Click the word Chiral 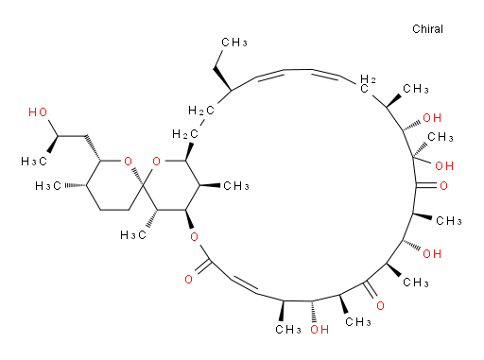click(427, 29)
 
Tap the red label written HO click(38, 112)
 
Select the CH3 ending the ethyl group click(234, 43)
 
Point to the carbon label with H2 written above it click(367, 84)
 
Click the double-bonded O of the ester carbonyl click(188, 279)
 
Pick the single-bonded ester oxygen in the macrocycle click(195, 237)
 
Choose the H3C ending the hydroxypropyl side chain click(34, 162)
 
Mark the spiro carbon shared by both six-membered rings click(143, 185)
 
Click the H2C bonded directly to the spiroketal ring click(185, 134)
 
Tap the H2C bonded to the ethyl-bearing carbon click(201, 111)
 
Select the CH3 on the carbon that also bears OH click(441, 137)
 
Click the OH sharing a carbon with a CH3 click(444, 165)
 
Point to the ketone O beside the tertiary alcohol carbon click(443, 186)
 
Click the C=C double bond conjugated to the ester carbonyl click(245, 285)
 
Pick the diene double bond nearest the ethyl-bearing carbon click(271, 74)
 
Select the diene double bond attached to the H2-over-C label click(325, 74)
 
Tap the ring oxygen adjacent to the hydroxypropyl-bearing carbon click(128, 162)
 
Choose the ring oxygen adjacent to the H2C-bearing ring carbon click(156, 162)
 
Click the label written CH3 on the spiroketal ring click(236, 186)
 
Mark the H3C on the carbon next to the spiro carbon click(133, 235)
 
